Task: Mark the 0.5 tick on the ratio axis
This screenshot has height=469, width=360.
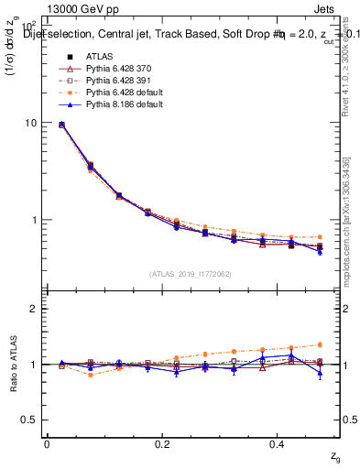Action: tap(29, 420)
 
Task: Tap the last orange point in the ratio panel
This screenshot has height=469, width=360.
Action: tap(320, 344)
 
